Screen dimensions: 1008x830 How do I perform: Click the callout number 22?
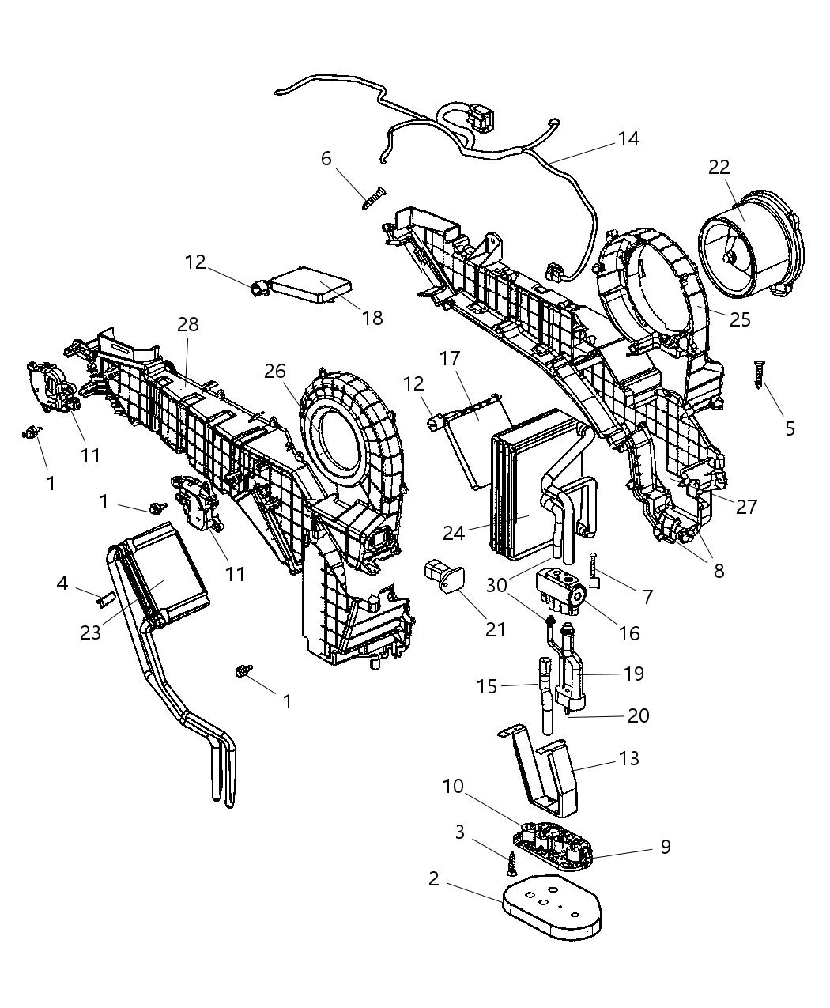(x=719, y=168)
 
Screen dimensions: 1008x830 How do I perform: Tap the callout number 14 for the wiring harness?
(x=628, y=139)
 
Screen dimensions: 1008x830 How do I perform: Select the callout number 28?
(x=188, y=324)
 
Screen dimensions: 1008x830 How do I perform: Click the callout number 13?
(x=629, y=758)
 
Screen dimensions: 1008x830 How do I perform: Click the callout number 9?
(x=666, y=847)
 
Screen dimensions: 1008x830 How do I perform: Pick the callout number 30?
(x=496, y=585)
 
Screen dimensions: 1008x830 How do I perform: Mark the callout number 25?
(x=741, y=319)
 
